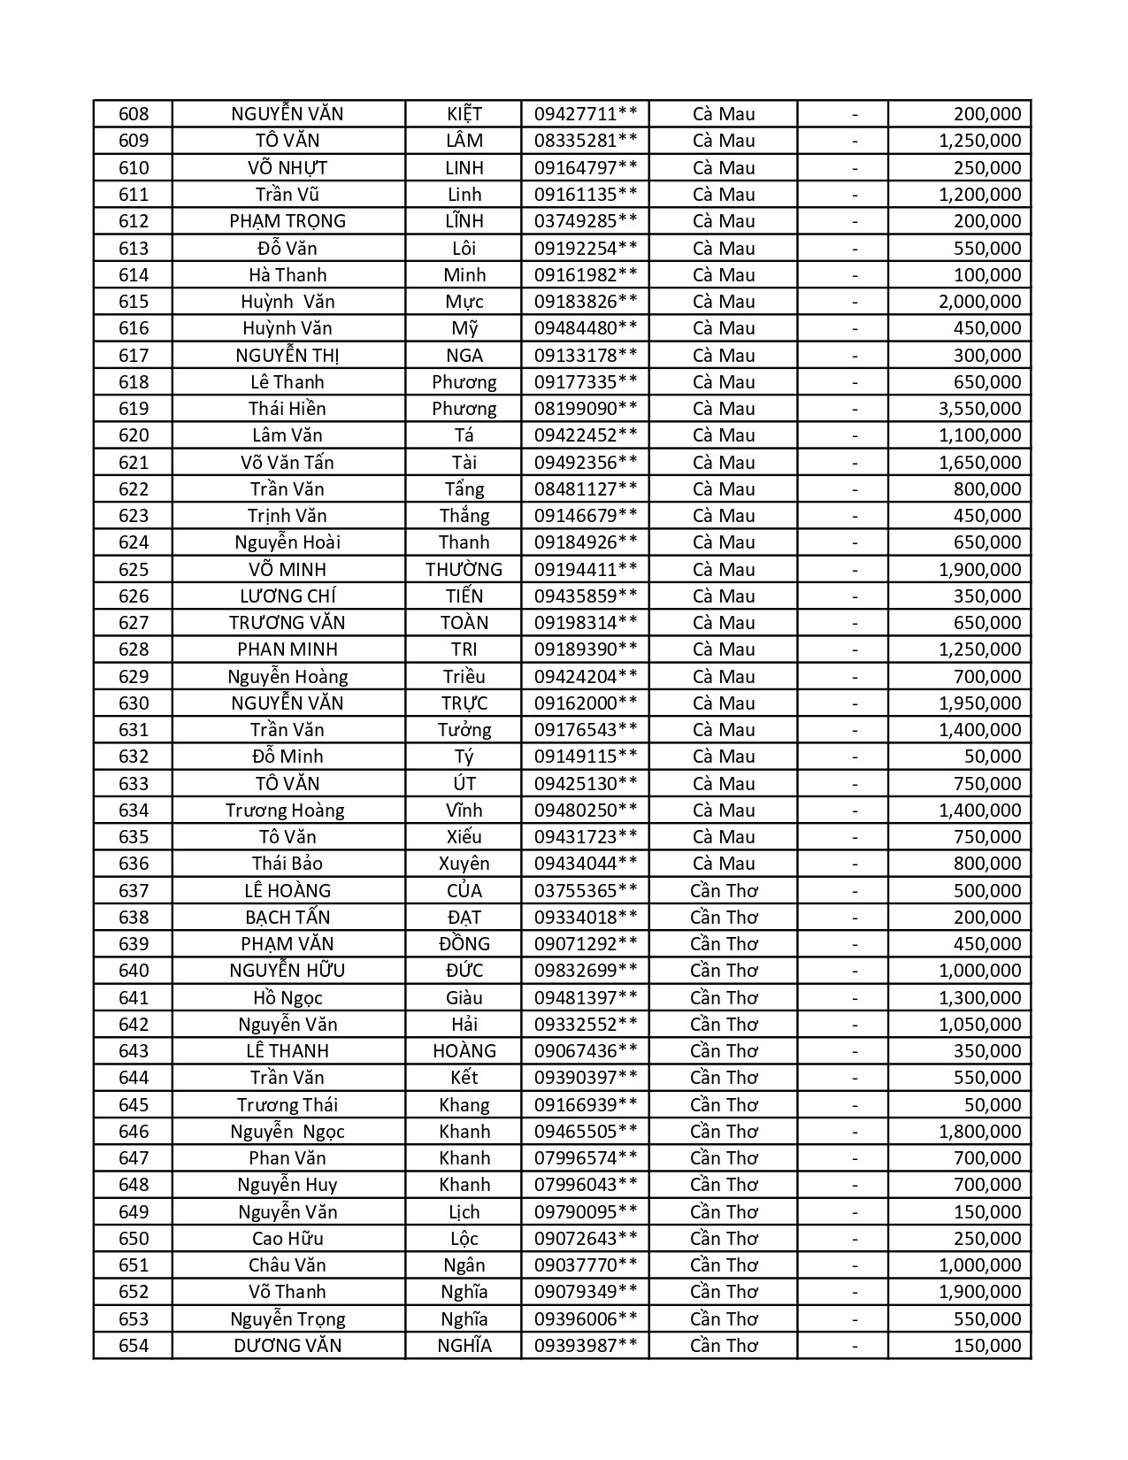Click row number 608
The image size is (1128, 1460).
pyautogui.click(x=134, y=114)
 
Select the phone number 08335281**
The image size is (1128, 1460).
pyautogui.click(x=585, y=141)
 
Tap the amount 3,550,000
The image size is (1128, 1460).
pyautogui.click(x=979, y=409)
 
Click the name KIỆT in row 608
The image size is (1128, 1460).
pyautogui.click(x=464, y=114)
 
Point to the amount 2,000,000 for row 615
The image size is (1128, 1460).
pyautogui.click(x=979, y=302)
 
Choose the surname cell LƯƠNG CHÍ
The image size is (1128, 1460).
pyautogui.click(x=288, y=596)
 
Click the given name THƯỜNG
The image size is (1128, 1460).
pyautogui.click(x=464, y=570)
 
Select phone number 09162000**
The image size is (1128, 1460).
pyautogui.click(x=585, y=703)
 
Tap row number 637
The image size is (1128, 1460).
pyautogui.click(x=134, y=891)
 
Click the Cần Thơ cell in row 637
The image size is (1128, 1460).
pyautogui.click(x=724, y=891)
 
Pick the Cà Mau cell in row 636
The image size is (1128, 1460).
pyautogui.click(x=724, y=864)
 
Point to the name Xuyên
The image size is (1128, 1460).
pyautogui.click(x=464, y=864)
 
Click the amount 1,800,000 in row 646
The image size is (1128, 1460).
pyautogui.click(x=979, y=1132)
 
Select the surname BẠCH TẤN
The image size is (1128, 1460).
pyautogui.click(x=288, y=918)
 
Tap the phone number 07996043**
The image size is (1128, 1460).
pyautogui.click(x=585, y=1185)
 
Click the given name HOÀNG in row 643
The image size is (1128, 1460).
pyautogui.click(x=464, y=1051)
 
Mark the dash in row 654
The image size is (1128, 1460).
pyautogui.click(x=855, y=1346)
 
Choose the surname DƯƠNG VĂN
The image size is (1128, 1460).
pyautogui.click(x=288, y=1346)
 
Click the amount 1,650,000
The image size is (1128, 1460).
pyautogui.click(x=979, y=463)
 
